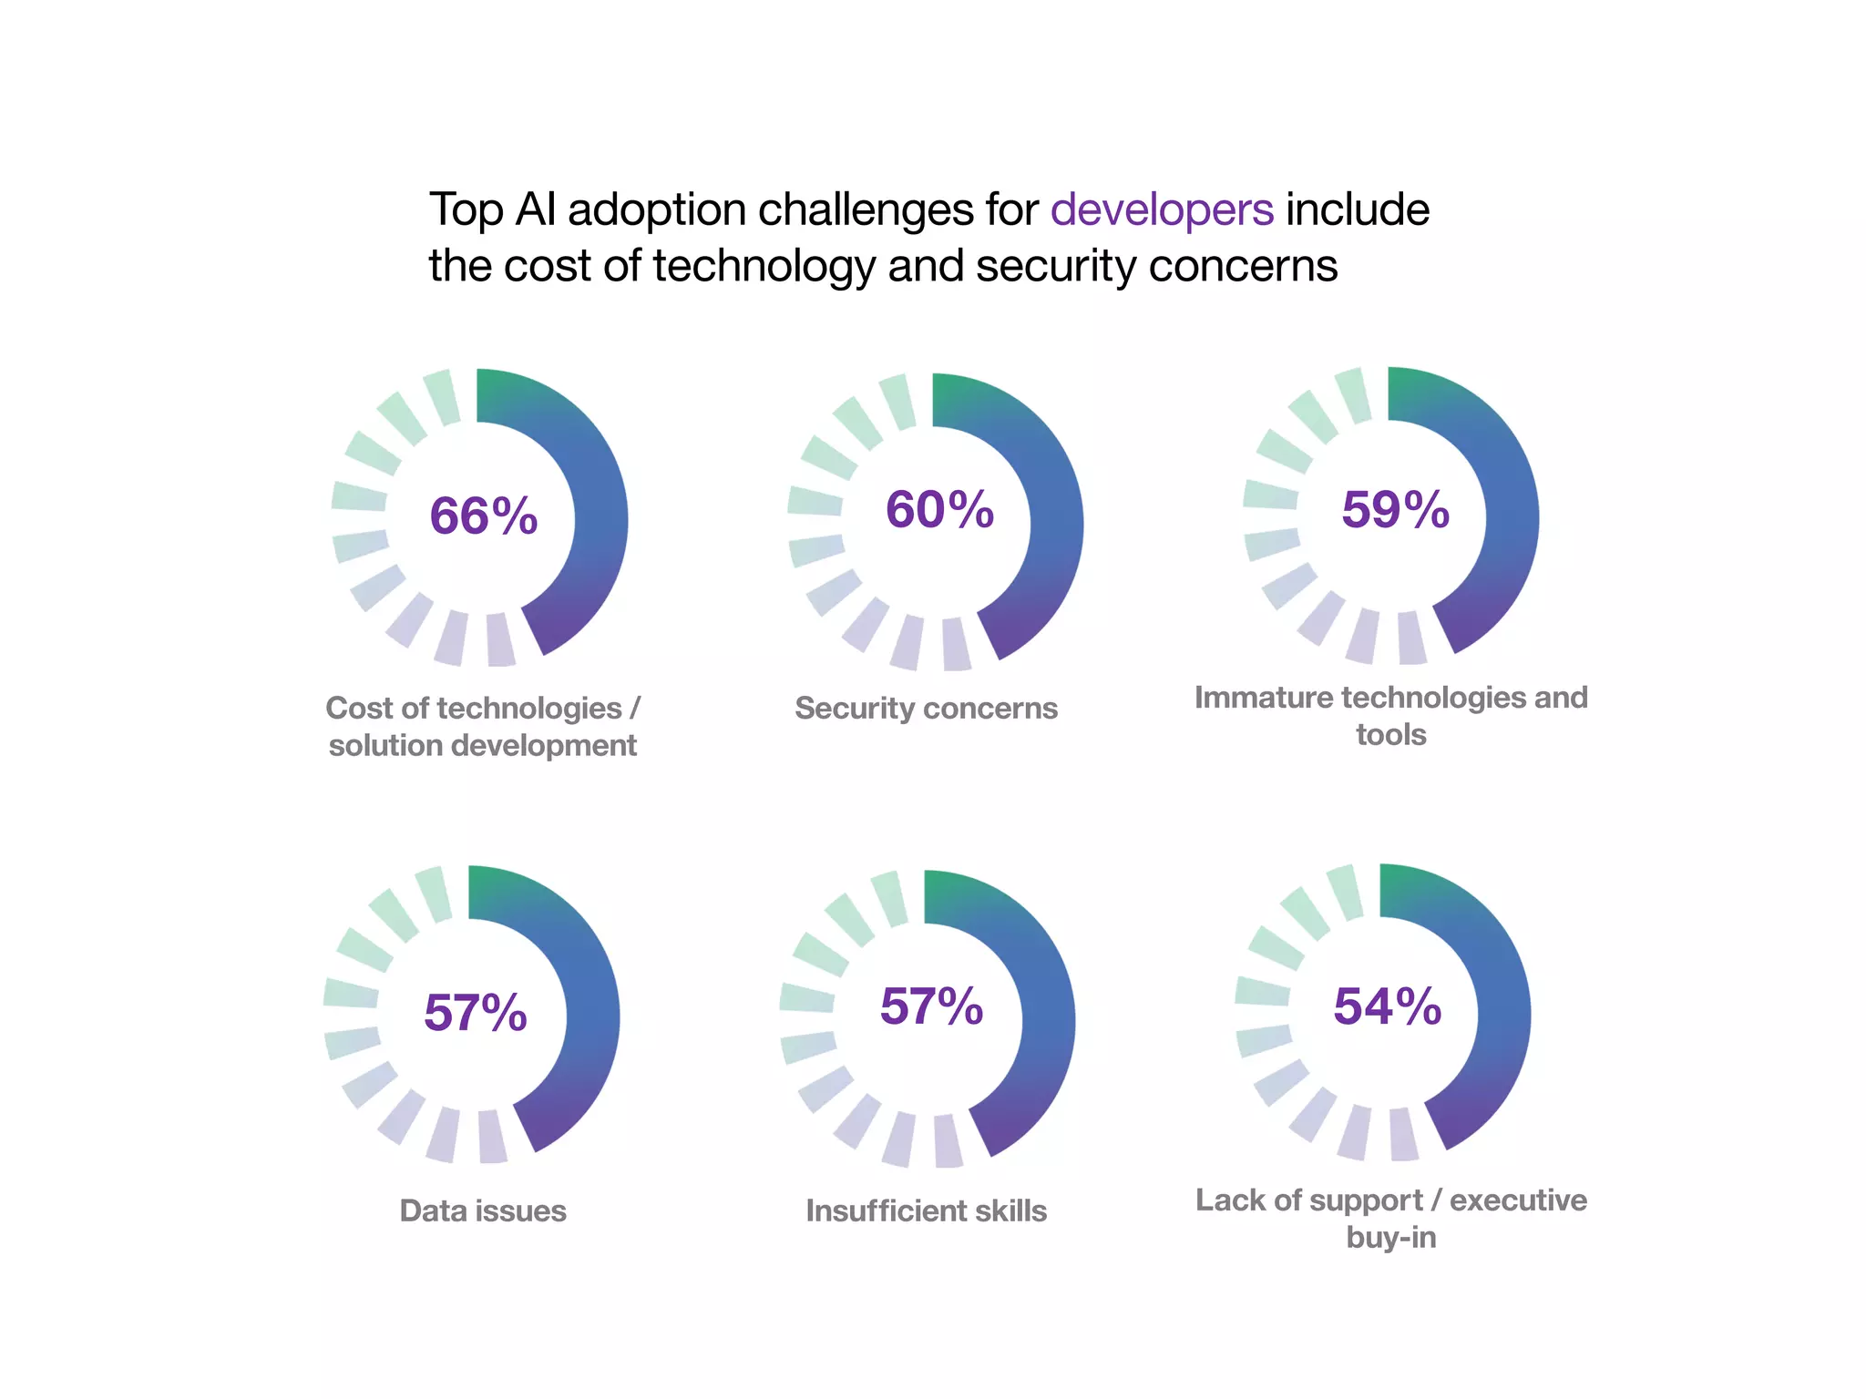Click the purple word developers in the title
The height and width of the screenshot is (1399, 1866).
1161,210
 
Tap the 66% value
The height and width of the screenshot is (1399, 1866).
483,516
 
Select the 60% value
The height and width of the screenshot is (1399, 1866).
939,509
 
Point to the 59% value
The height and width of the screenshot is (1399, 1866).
1395,509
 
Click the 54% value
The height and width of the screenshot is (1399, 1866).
1387,1006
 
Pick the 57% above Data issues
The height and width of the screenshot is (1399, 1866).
476,1013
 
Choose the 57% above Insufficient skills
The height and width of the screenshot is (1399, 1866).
931,1006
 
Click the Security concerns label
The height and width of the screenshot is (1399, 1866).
926,708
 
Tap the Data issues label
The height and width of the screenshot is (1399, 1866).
483,1210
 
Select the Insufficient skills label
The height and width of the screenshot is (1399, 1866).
926,1210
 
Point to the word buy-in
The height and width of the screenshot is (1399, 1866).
1390,1238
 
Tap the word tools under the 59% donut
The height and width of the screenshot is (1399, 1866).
1390,735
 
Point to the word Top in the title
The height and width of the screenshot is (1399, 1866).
466,210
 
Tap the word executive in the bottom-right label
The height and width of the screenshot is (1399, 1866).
1518,1200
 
